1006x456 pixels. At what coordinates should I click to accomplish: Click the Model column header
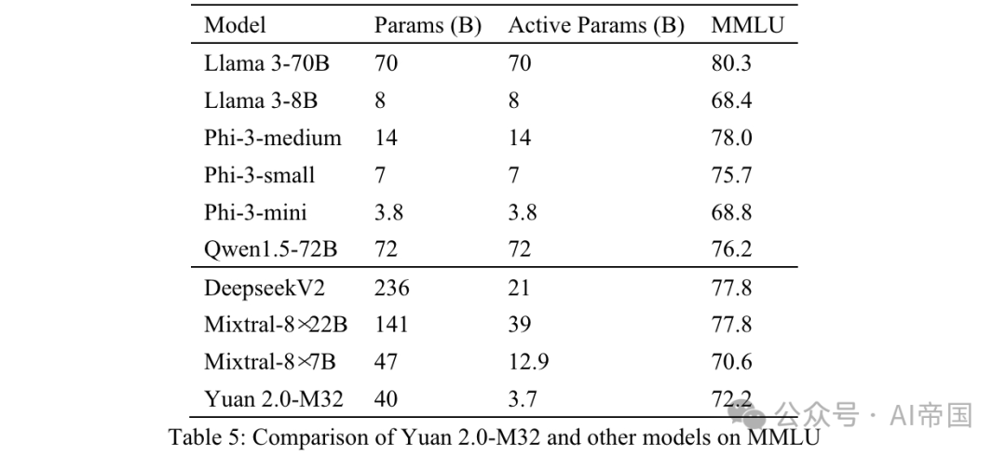(235, 25)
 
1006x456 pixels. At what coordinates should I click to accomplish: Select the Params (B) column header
(428, 25)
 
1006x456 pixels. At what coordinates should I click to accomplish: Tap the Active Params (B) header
(596, 25)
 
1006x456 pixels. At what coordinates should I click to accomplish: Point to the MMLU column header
(747, 25)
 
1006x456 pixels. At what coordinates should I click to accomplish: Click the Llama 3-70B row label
(266, 64)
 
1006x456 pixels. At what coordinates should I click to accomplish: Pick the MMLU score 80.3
(731, 64)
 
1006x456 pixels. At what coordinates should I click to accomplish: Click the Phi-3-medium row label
(273, 139)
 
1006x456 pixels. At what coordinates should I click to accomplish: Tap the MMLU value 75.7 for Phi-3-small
(731, 176)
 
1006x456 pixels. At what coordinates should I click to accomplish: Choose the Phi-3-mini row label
(255, 213)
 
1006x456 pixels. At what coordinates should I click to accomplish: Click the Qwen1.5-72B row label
(269, 250)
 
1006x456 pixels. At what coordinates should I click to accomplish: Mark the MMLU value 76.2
(731, 250)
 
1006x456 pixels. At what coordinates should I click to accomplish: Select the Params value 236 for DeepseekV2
(391, 288)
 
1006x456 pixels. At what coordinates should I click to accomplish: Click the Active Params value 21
(520, 288)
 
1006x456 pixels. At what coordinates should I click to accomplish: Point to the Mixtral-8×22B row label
(277, 326)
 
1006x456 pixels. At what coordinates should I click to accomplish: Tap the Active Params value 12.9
(528, 363)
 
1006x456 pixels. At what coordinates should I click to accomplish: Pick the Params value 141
(391, 326)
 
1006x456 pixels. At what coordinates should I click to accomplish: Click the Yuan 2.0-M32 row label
(274, 400)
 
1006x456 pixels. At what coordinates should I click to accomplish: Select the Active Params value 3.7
(523, 400)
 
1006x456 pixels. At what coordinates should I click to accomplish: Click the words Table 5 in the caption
(204, 436)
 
